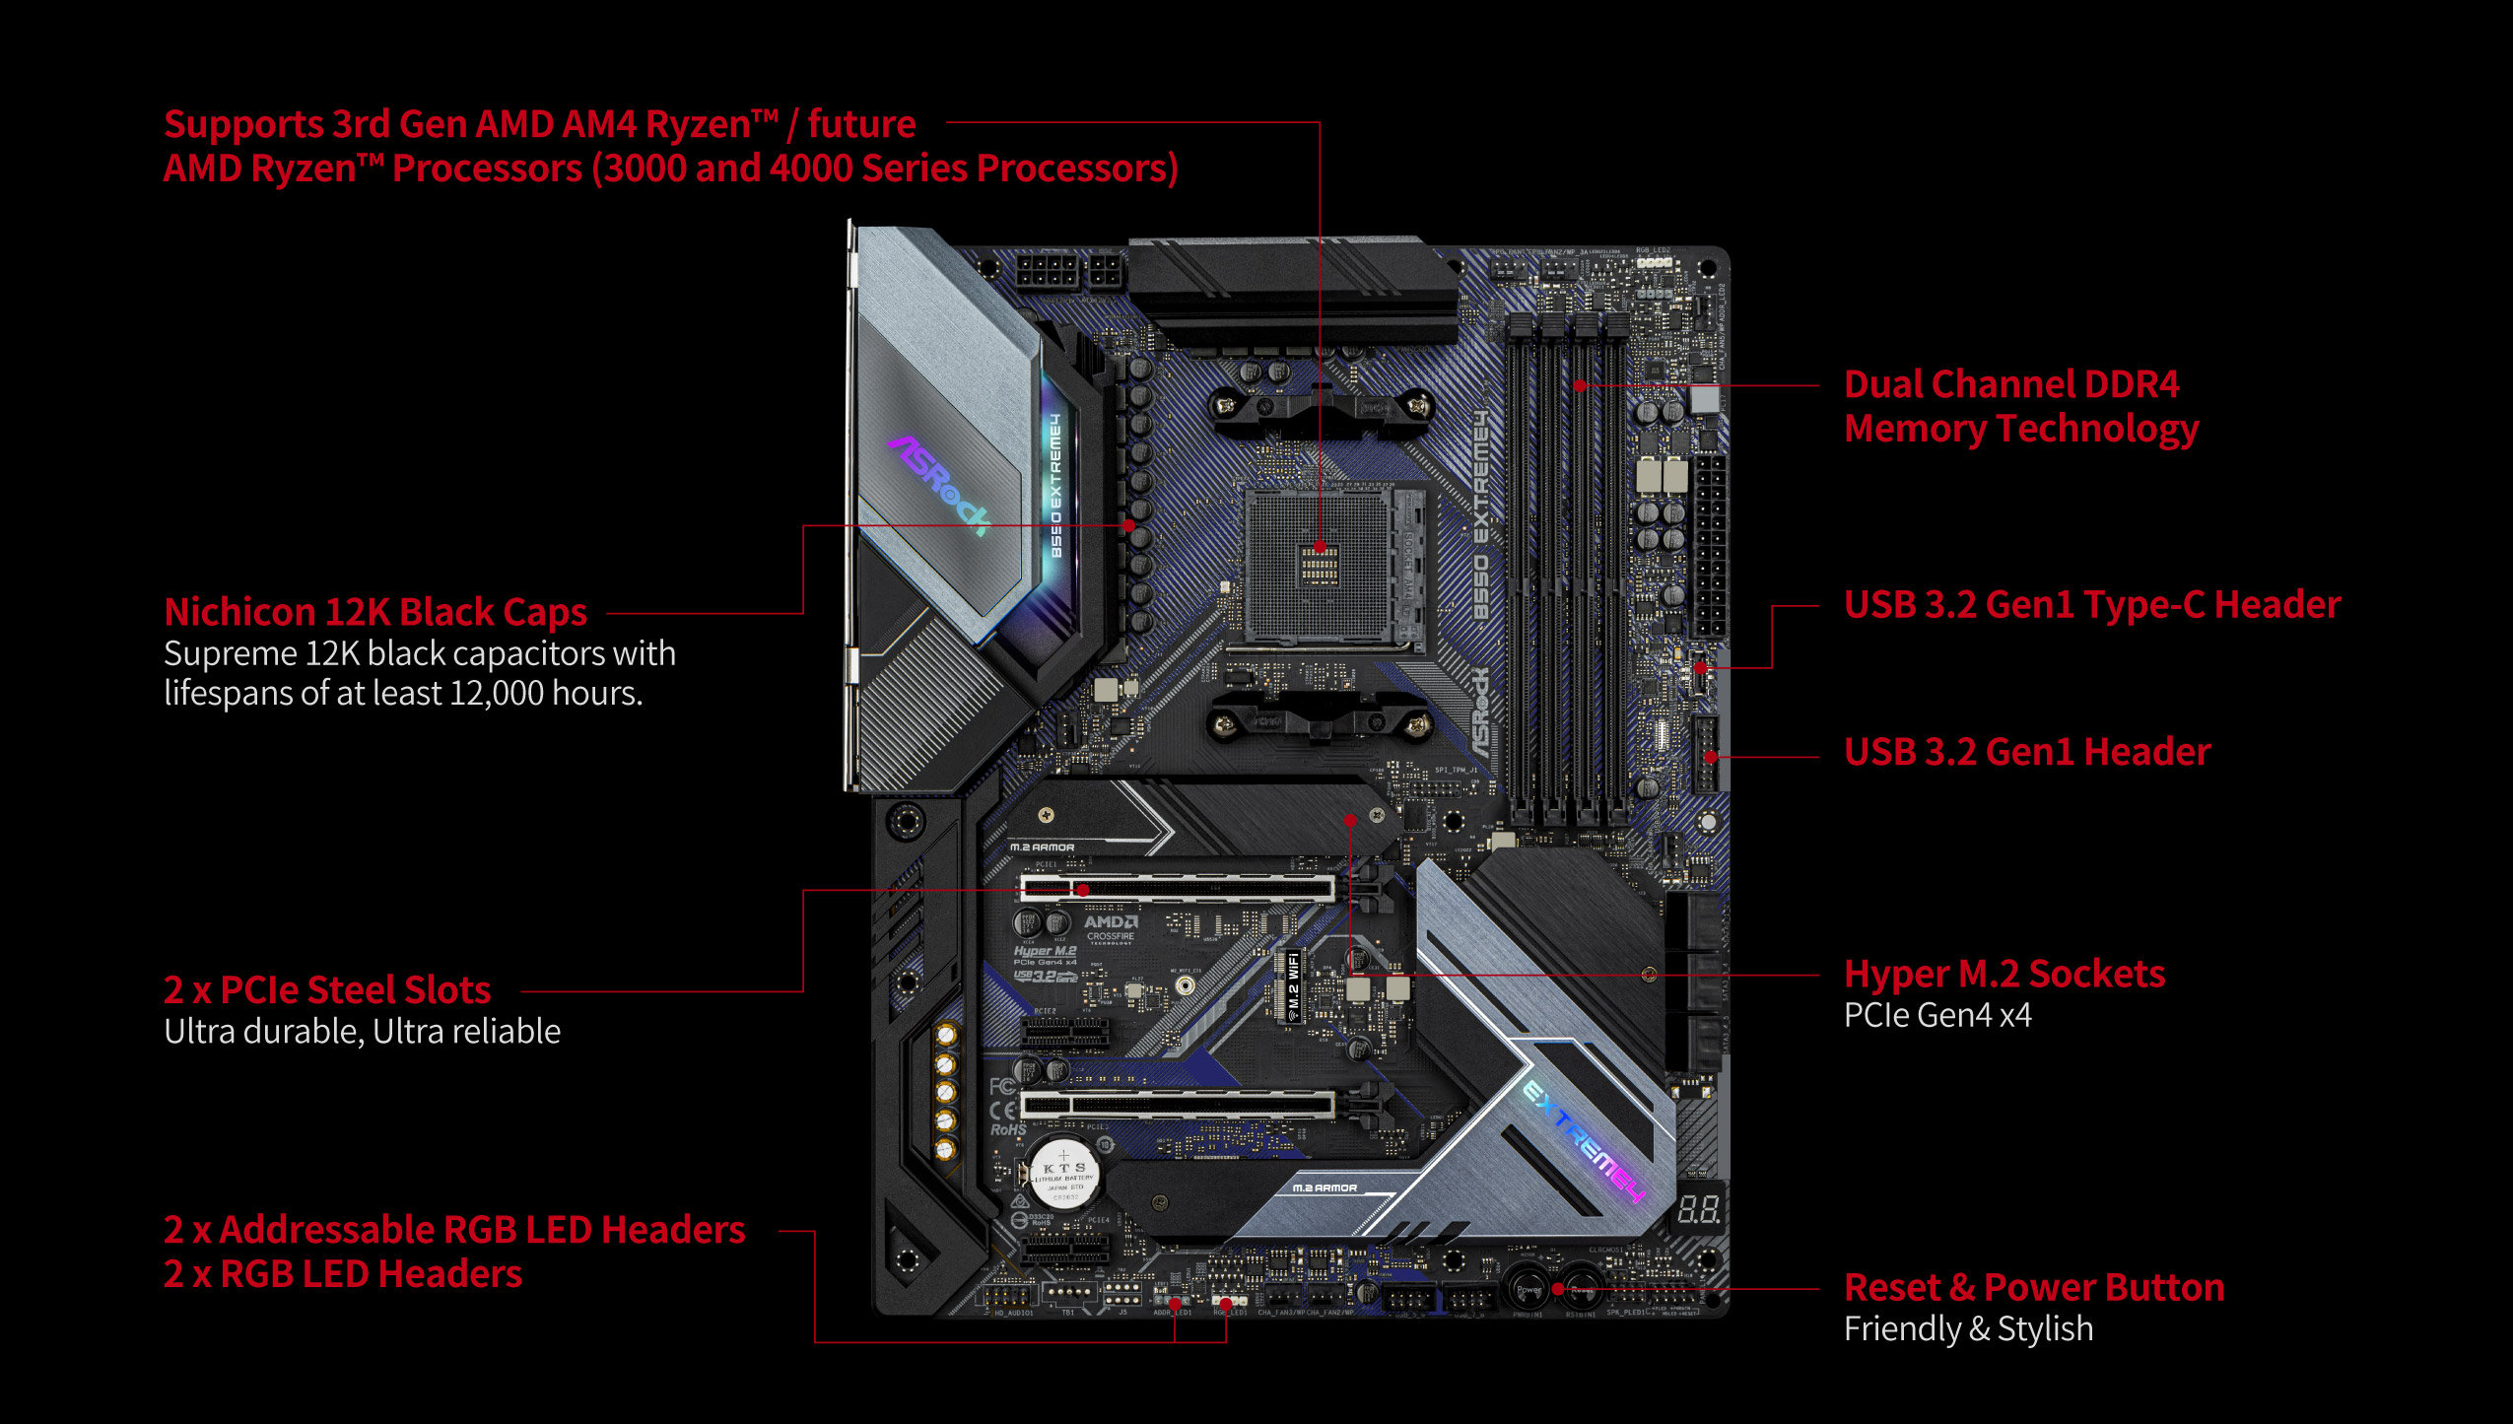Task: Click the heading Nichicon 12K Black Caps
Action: pos(374,612)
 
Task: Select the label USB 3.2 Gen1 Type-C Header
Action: pos(2091,605)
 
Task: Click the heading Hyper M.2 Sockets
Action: pos(2004,974)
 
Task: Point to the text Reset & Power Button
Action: pos(2033,1287)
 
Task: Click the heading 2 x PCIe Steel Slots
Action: pos(326,989)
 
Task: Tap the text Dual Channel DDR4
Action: pos(2010,384)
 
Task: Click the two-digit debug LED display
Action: pos(1699,1208)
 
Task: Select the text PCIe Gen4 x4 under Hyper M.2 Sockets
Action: pos(1936,1015)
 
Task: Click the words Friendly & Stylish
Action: pos(1967,1328)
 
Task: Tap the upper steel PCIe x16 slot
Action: pos(1178,888)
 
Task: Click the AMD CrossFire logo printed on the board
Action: pos(1111,927)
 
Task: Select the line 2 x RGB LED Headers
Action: pos(342,1274)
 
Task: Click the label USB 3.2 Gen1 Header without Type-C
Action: pos(2026,752)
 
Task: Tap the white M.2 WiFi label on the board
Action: pos(1292,985)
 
